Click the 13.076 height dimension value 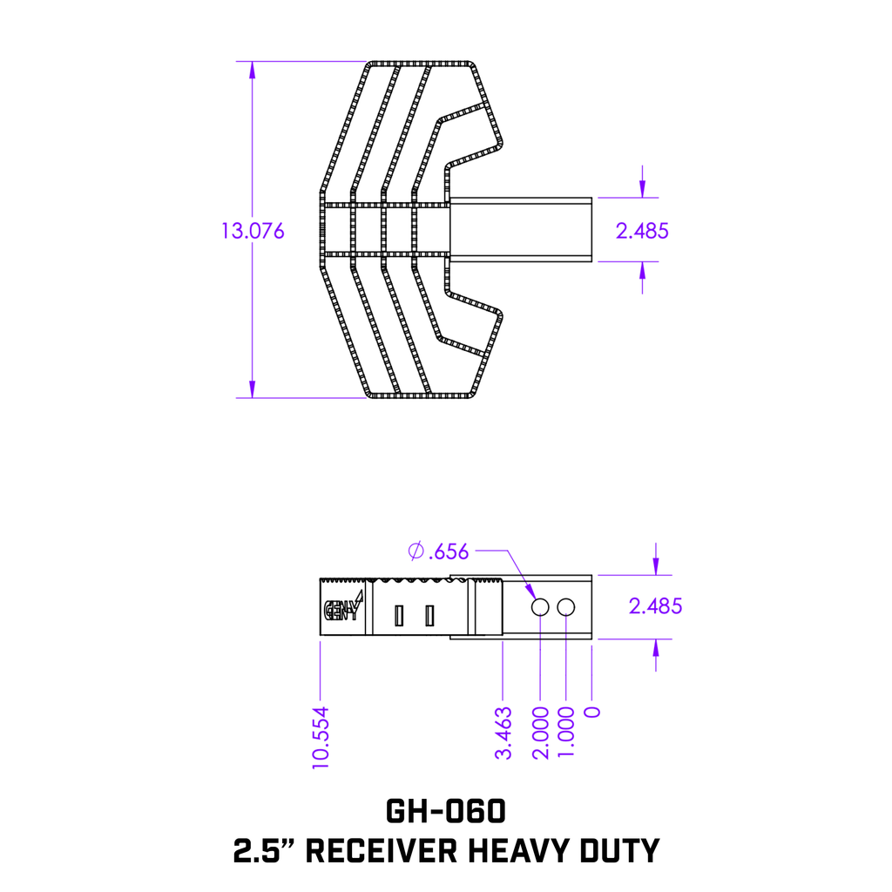point(253,231)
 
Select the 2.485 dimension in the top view point(642,231)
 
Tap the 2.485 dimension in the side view point(655,606)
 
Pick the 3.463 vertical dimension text point(503,733)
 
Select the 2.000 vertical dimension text point(540,733)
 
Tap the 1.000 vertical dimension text point(567,733)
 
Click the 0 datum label point(593,712)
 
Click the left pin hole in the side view point(540,606)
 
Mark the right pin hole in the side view point(567,606)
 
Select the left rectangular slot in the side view point(399,616)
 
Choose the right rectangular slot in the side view point(429,616)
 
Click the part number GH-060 point(445,811)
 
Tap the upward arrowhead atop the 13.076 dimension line point(253,70)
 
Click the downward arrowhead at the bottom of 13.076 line point(253,389)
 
